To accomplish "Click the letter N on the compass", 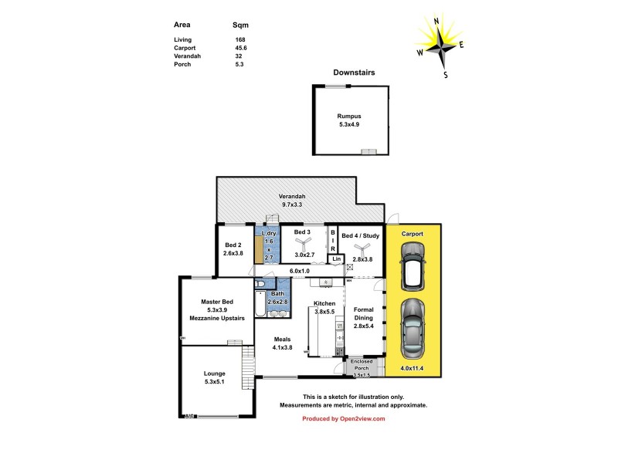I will click(436, 22).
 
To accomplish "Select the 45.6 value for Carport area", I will click(242, 48).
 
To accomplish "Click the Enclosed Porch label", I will click(361, 364).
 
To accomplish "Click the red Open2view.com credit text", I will click(342, 419).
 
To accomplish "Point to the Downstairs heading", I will click(354, 73).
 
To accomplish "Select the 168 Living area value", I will click(240, 39).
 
